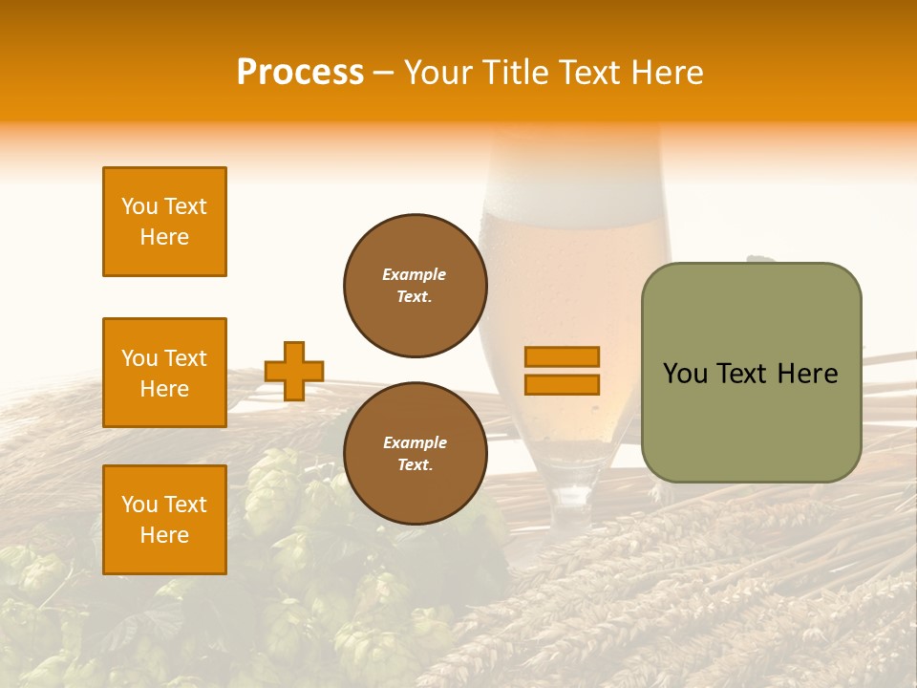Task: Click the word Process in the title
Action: pyautogui.click(x=300, y=73)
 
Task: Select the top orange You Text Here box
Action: pyautogui.click(x=164, y=222)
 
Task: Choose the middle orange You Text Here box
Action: pyautogui.click(x=164, y=373)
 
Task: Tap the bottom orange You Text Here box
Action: pyautogui.click(x=164, y=520)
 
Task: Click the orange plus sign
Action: pyautogui.click(x=294, y=371)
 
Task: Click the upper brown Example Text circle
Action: pyautogui.click(x=415, y=286)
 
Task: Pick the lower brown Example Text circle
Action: pyautogui.click(x=415, y=454)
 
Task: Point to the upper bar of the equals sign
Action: pyautogui.click(x=562, y=356)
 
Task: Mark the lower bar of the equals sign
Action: pyautogui.click(x=562, y=384)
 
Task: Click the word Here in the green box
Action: pyautogui.click(x=807, y=374)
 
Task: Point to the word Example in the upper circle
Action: pyautogui.click(x=415, y=274)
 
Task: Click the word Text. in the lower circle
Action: pyautogui.click(x=415, y=465)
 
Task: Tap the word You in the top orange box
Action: pyautogui.click(x=139, y=206)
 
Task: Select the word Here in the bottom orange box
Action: pyautogui.click(x=164, y=535)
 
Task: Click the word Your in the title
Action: pyautogui.click(x=437, y=73)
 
